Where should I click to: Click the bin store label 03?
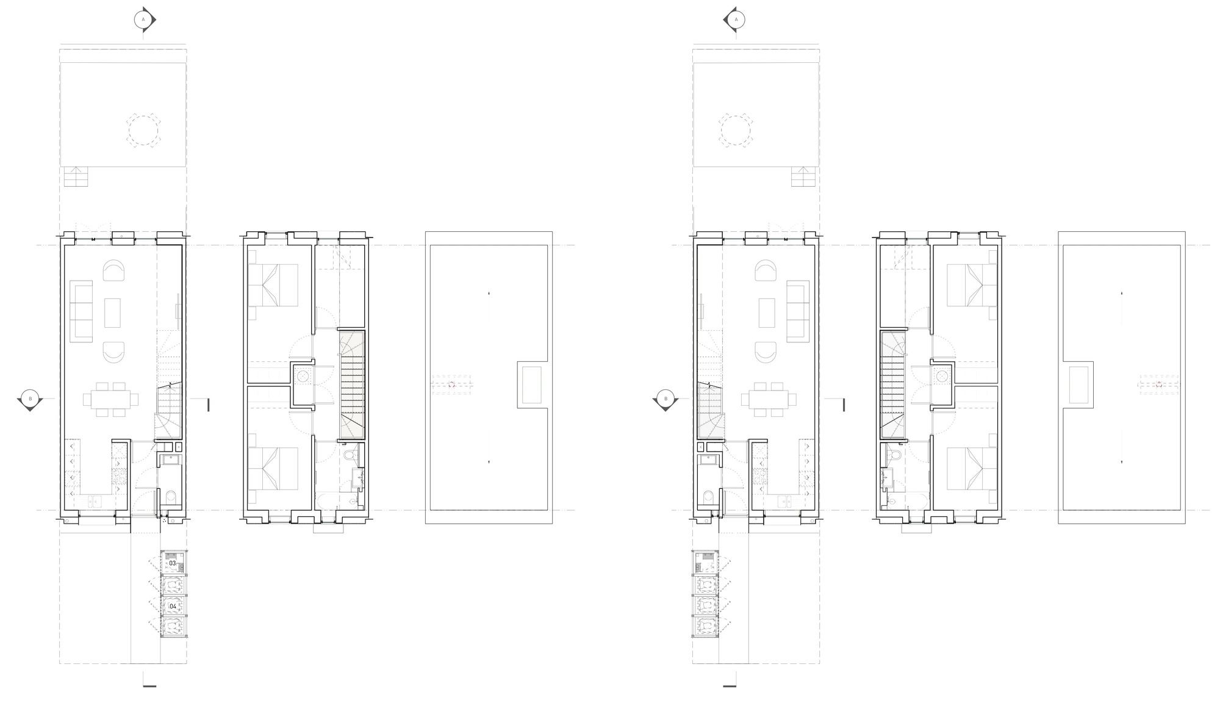pyautogui.click(x=173, y=563)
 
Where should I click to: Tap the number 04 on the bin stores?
pyautogui.click(x=173, y=606)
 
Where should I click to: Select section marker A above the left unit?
pyautogui.click(x=143, y=20)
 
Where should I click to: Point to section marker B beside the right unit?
pyautogui.click(x=666, y=399)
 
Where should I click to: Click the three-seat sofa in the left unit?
pyautogui.click(x=81, y=309)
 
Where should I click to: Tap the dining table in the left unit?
pyautogui.click(x=110, y=399)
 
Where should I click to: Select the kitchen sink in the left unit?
pyautogui.click(x=94, y=502)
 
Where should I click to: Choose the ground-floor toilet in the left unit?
pyautogui.click(x=171, y=497)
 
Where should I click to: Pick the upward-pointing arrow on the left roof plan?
pyautogui.click(x=489, y=295)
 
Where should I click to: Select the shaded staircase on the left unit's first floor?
pyautogui.click(x=352, y=384)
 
